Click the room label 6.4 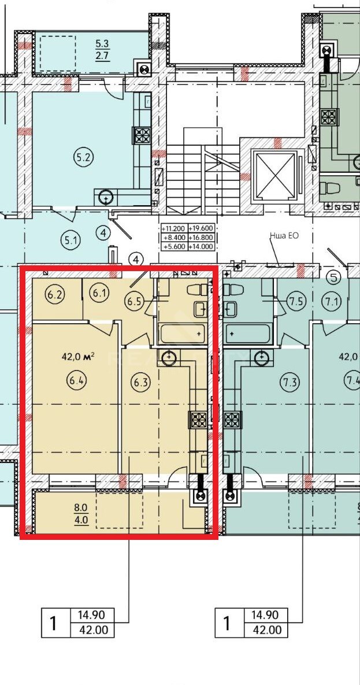(x=77, y=380)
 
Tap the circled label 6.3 (x=140, y=382)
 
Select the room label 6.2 (x=57, y=294)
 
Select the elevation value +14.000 (x=201, y=246)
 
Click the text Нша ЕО (x=284, y=236)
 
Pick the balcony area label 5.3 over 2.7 (x=103, y=49)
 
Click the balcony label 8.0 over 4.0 (x=81, y=514)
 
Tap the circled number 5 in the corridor (x=334, y=277)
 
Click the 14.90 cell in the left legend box (x=91, y=615)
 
